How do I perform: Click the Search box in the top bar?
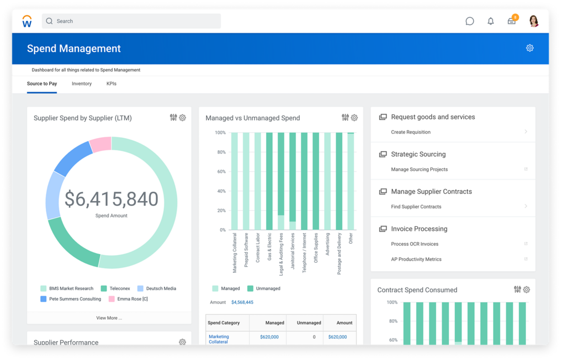pyautogui.click(x=131, y=21)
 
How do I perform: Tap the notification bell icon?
pyautogui.click(x=491, y=21)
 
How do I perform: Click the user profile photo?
pyautogui.click(x=534, y=21)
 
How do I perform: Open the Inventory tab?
pyautogui.click(x=82, y=84)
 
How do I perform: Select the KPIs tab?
pyautogui.click(x=111, y=84)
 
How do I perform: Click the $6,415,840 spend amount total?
pyautogui.click(x=111, y=199)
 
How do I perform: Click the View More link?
pyautogui.click(x=109, y=318)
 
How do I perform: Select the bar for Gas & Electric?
pyautogui.click(x=269, y=181)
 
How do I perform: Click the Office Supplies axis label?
pyautogui.click(x=316, y=248)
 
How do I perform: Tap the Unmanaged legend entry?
pyautogui.click(x=268, y=289)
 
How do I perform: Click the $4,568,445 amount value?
pyautogui.click(x=242, y=302)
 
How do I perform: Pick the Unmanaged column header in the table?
pyautogui.click(x=309, y=323)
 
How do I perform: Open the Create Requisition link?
pyautogui.click(x=411, y=132)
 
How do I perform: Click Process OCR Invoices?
pyautogui.click(x=414, y=244)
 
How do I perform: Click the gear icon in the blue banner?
pyautogui.click(x=530, y=48)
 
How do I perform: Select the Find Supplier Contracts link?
pyautogui.click(x=416, y=207)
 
